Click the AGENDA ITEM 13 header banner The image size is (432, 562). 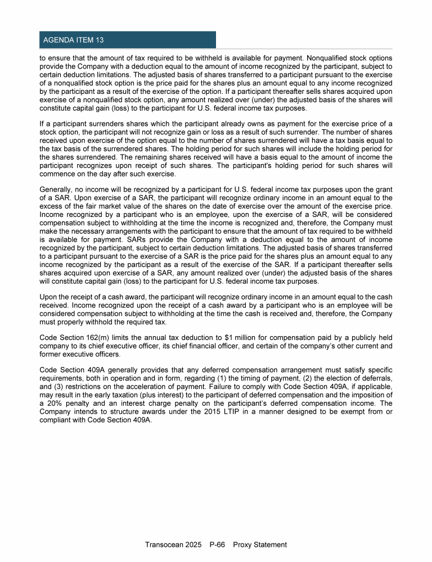pyautogui.click(x=128, y=40)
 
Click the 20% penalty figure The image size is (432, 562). pyautogui.click(x=53, y=404)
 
